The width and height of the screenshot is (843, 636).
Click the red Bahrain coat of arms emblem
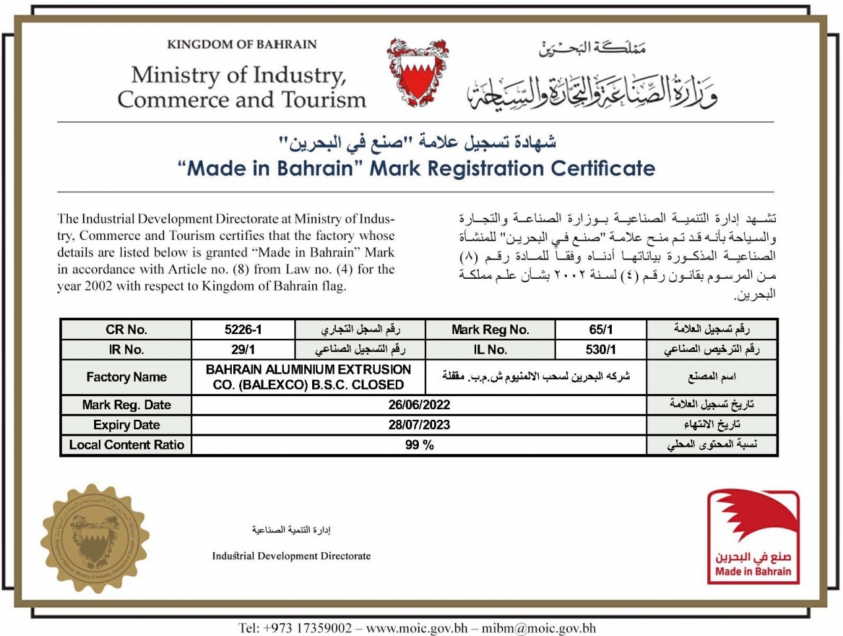(x=417, y=72)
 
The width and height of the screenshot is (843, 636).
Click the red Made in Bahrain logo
(x=753, y=537)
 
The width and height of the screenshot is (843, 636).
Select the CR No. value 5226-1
(x=243, y=330)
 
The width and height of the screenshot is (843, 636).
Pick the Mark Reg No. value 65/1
(x=601, y=330)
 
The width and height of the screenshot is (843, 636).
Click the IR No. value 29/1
(x=243, y=349)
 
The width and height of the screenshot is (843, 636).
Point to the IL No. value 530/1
(x=601, y=349)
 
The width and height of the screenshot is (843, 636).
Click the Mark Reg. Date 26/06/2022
(x=419, y=405)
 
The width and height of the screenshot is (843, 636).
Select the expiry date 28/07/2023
(x=419, y=424)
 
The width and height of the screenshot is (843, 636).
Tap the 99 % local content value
(x=419, y=445)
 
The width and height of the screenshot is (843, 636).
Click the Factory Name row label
(x=126, y=377)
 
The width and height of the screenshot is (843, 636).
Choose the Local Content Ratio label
(x=126, y=445)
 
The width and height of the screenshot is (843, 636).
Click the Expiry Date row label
(x=126, y=424)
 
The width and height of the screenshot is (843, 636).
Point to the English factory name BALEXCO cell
(x=308, y=377)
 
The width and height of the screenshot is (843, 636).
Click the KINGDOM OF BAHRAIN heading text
(x=242, y=44)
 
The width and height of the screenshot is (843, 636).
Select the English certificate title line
(x=417, y=168)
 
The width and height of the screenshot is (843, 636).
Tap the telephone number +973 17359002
(x=296, y=628)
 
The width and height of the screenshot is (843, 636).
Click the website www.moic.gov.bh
(x=417, y=628)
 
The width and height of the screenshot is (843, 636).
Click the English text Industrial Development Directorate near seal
(x=291, y=556)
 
